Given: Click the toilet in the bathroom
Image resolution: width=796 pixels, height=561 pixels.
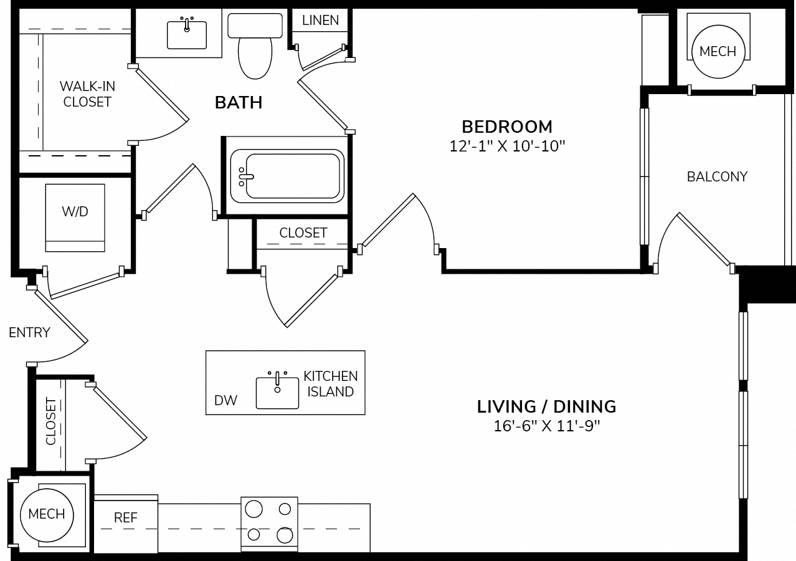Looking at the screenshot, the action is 255,46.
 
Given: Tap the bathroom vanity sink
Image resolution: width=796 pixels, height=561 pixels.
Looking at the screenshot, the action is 187,34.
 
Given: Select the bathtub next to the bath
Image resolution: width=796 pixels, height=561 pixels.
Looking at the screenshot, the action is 287,176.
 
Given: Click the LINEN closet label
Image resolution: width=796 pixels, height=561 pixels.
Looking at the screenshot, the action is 320,21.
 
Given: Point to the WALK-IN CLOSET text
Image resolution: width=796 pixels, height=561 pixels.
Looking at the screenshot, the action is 87,94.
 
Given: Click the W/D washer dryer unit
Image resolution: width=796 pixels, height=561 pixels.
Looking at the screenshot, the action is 75,218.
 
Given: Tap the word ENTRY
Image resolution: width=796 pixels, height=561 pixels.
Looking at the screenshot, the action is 29,333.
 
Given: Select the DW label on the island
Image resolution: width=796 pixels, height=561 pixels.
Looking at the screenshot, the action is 225,401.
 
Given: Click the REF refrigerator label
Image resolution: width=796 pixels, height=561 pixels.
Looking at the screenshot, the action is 125,518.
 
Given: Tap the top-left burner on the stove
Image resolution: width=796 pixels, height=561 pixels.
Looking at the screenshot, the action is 253,509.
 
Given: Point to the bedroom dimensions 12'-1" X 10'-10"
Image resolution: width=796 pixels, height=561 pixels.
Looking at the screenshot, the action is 507,146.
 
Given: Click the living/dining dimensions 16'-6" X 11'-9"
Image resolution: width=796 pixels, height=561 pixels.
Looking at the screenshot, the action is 546,426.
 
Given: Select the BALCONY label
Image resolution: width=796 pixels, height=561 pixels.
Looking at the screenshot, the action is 717,177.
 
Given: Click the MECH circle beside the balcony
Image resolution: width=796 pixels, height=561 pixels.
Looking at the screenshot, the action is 718,52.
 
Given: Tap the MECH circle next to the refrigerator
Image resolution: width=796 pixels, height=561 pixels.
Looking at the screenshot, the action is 47,515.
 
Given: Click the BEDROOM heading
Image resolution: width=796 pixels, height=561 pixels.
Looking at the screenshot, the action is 507,127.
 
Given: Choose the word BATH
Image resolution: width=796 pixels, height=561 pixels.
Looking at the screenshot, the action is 239,103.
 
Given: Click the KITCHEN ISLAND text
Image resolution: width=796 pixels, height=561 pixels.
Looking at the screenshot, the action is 331,384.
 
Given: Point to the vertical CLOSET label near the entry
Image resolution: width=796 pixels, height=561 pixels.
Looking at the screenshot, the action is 51,421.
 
